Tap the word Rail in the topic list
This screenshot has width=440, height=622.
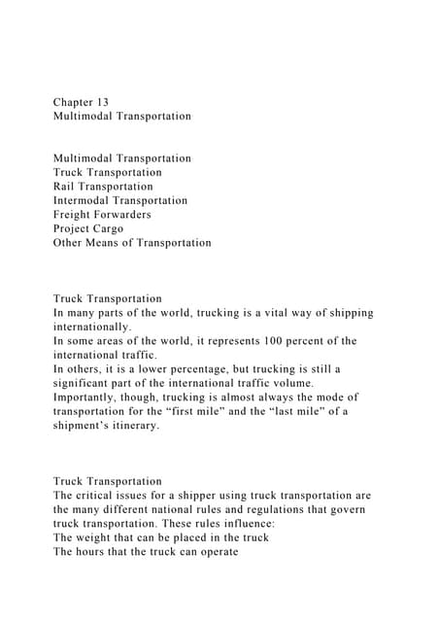66,186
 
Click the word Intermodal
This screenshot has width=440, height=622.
87,200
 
